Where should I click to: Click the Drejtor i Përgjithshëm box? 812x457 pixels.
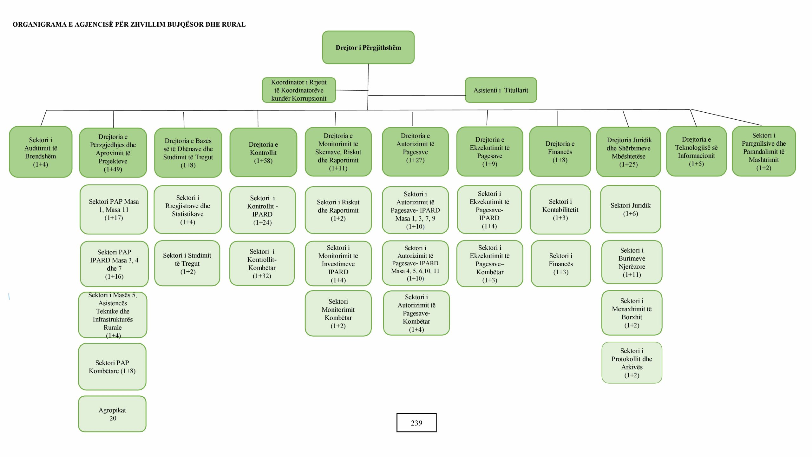368,47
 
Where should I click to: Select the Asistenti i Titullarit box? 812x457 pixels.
501,90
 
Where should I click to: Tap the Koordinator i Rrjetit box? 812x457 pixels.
299,90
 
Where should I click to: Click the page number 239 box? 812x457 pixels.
416,423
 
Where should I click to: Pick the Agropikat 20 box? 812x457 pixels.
112,414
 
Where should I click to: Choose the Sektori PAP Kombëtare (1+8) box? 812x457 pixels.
112,367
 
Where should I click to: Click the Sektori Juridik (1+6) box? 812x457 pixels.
631,209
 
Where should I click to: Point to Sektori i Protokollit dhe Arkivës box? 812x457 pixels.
632,363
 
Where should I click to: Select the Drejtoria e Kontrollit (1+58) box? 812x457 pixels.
263,152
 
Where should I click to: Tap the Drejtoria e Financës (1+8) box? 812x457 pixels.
560,151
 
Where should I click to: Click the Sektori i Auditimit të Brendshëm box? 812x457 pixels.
41,152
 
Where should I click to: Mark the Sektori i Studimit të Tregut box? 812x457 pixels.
187,263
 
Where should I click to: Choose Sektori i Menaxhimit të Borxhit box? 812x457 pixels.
632,313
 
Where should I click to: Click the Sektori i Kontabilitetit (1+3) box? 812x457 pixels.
560,209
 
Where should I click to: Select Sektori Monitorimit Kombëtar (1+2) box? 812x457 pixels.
338,313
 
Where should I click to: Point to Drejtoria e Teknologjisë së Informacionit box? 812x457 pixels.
697,151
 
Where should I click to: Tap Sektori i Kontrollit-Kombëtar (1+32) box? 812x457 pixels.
262,263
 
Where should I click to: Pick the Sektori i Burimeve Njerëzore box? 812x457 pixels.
632,262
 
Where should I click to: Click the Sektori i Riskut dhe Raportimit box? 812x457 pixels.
338,210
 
